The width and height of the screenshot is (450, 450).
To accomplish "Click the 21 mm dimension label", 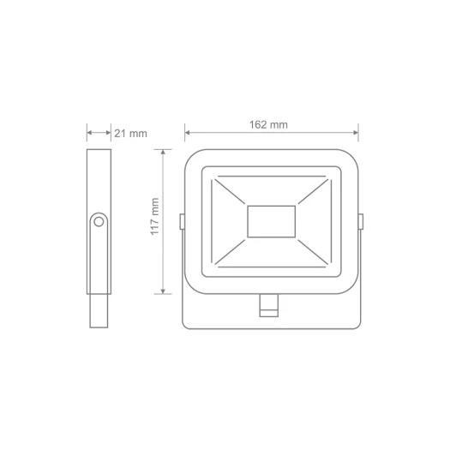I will point(131,133).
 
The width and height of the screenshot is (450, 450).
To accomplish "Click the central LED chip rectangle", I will point(272,221).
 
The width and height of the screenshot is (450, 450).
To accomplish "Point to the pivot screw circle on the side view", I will point(99,222).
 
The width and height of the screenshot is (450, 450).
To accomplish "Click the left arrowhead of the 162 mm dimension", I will point(188,133).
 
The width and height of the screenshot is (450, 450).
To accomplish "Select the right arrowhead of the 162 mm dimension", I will point(355,133).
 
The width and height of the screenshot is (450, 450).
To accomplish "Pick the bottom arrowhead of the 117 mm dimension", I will point(163,291).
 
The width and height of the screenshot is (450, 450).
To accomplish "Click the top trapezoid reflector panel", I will point(272,190).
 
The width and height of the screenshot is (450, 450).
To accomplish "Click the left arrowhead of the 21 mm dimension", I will point(89,133).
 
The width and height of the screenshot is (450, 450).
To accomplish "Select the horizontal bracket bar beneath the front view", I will point(272,309).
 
